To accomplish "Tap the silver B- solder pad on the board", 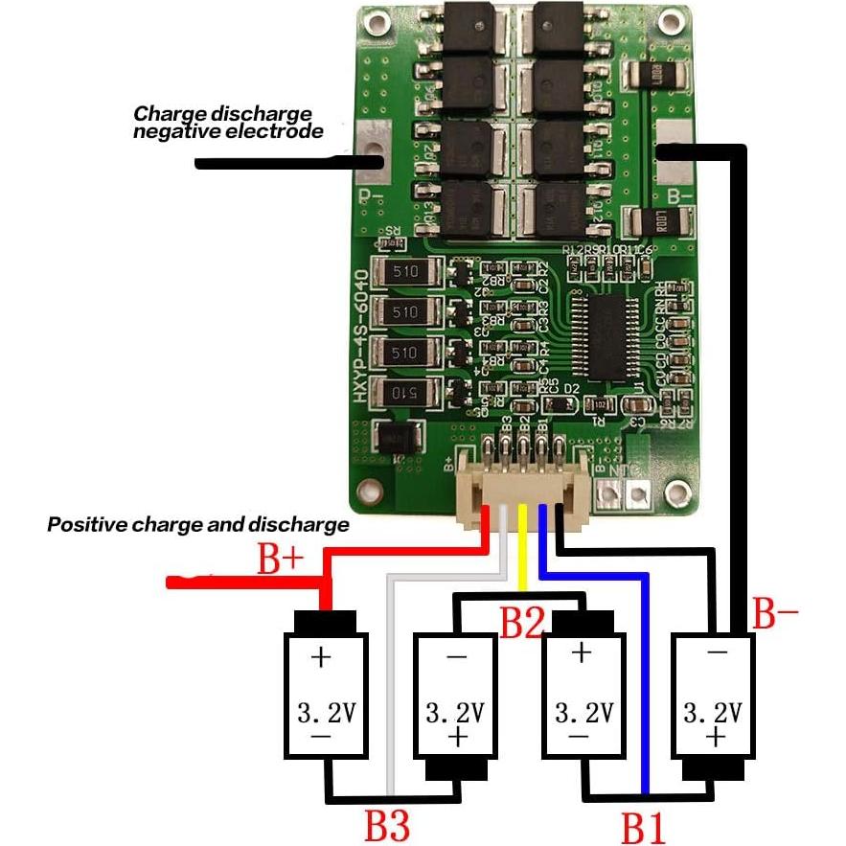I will [x=676, y=153].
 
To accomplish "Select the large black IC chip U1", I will [x=600, y=335].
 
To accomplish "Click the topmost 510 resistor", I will [x=404, y=273].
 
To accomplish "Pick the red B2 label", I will [x=523, y=623].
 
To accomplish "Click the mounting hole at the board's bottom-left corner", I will [x=370, y=491].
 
